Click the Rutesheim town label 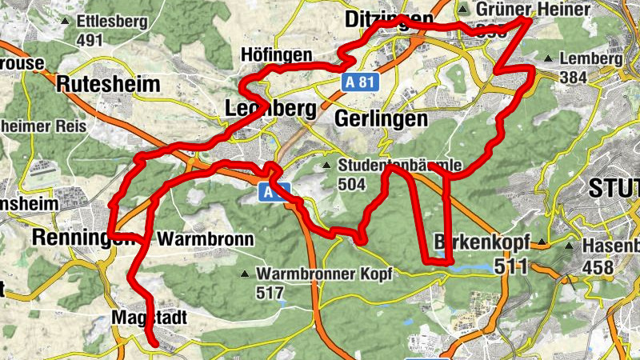(109, 83)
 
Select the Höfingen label (276, 55)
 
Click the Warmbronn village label (206, 238)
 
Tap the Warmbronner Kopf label (324, 274)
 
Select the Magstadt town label (148, 318)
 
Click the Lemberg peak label (590, 58)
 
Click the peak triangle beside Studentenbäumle (326, 166)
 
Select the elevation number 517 (271, 293)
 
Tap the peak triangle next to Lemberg (548, 58)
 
